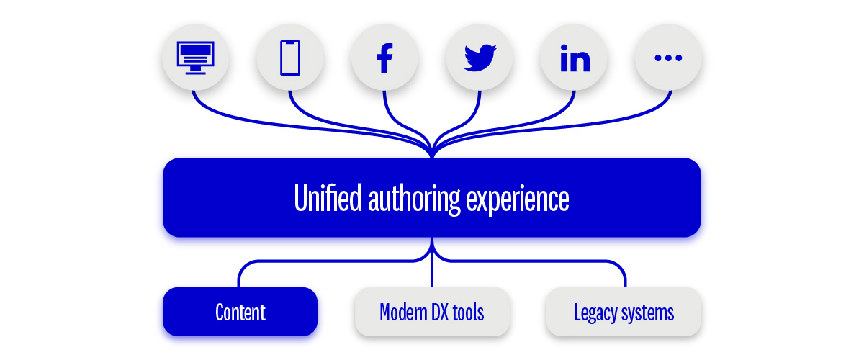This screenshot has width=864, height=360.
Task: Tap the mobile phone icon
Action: point(289,58)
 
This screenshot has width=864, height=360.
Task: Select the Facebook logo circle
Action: point(384,58)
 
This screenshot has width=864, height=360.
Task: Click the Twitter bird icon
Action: point(480,58)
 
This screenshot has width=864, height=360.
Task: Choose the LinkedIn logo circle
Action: point(575,58)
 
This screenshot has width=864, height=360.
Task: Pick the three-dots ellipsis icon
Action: point(668,58)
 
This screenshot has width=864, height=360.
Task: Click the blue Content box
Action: point(240,312)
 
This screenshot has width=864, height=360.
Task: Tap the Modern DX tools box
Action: point(432,312)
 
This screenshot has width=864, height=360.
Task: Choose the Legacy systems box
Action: point(624,312)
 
